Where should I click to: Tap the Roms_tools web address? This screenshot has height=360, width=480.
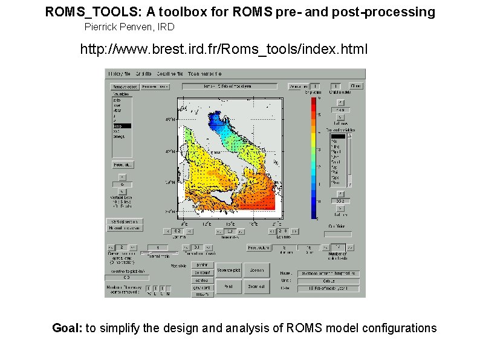point(224,49)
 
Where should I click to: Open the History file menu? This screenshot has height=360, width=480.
point(120,73)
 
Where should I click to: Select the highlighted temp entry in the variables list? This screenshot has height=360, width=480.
point(122,125)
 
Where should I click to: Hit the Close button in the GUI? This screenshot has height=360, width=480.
point(357,86)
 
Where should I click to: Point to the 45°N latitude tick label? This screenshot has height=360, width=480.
point(170,119)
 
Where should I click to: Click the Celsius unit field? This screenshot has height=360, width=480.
point(328,280)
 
